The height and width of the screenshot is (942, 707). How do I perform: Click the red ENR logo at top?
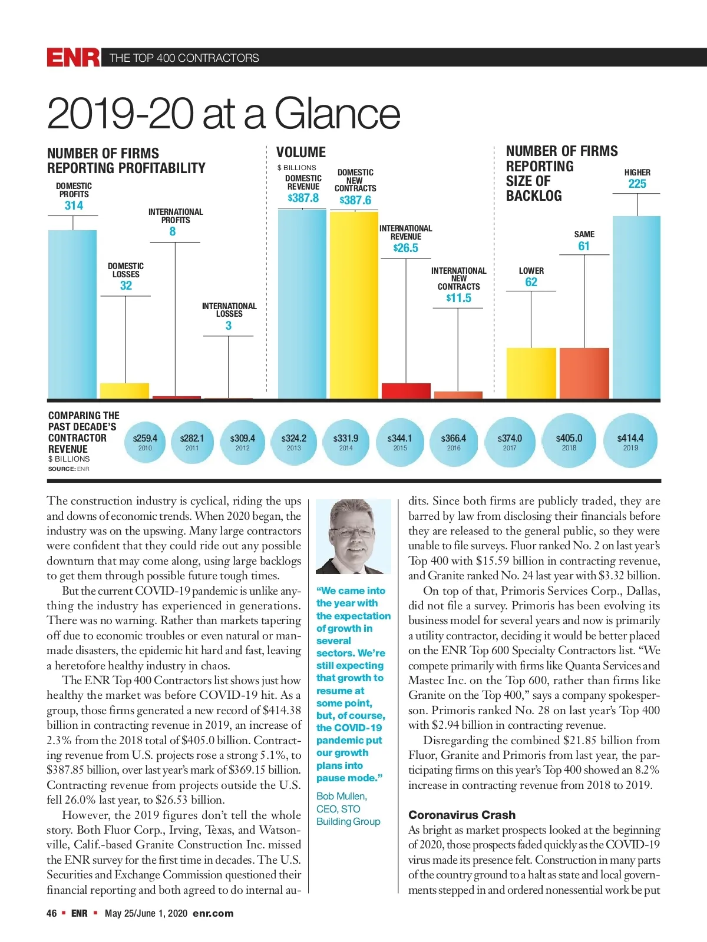(x=73, y=58)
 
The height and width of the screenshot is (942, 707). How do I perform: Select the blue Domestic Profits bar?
(x=72, y=314)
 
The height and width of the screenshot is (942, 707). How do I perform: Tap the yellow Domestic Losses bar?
(x=124, y=391)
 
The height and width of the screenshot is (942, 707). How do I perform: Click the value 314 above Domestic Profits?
(x=74, y=205)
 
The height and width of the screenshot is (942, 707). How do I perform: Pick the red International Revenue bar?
(x=406, y=391)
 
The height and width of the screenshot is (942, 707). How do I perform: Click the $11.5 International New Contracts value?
(x=459, y=298)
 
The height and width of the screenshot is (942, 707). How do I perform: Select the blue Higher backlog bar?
(x=637, y=307)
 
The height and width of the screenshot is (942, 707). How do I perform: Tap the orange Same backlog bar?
(x=584, y=373)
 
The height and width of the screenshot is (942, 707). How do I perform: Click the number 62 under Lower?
(x=531, y=282)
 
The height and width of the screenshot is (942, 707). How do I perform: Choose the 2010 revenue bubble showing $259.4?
(x=145, y=442)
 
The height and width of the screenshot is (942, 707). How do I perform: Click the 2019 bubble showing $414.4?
(x=630, y=442)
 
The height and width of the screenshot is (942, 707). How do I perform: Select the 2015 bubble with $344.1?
(x=399, y=442)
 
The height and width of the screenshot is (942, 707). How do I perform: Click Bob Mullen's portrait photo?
(x=353, y=536)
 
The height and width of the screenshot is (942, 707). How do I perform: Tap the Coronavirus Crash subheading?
(x=462, y=815)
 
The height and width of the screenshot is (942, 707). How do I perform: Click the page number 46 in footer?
(x=52, y=913)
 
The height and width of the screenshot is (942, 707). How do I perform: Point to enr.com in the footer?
(x=213, y=913)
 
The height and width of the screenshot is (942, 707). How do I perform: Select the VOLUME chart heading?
(x=301, y=152)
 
